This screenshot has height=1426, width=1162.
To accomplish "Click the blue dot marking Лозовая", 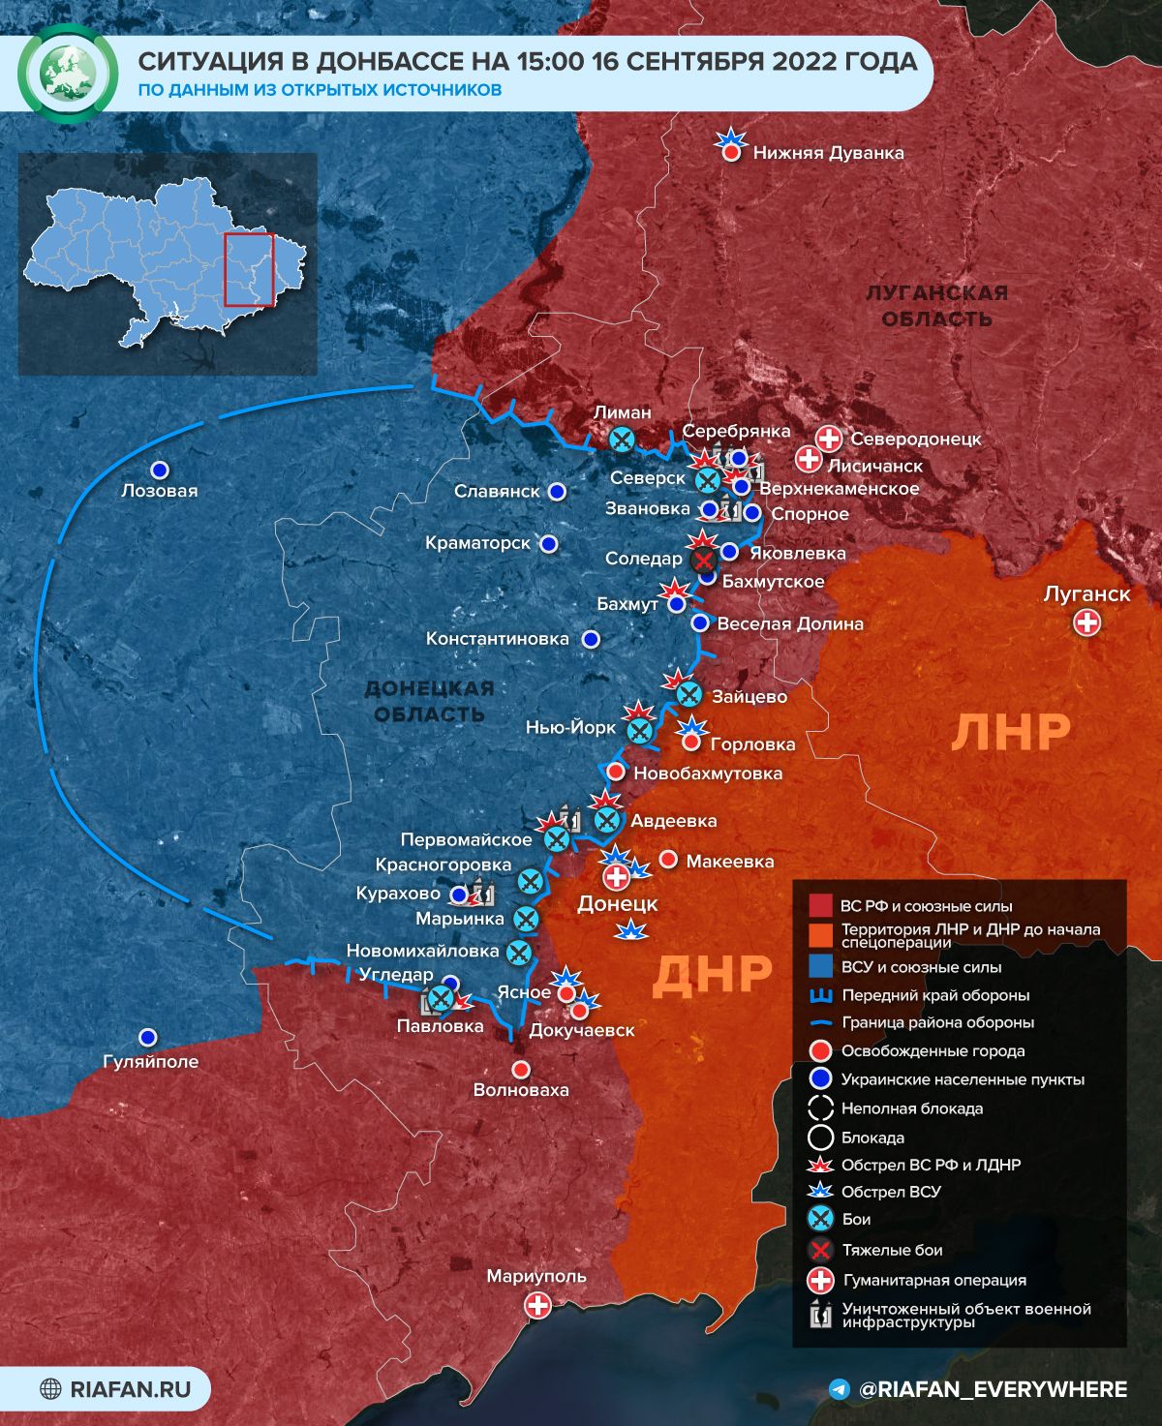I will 159,470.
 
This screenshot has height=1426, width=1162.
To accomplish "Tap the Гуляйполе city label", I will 150,1061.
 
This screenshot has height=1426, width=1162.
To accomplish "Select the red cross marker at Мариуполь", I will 537,1305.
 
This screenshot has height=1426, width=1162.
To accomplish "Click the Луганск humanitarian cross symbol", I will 1087,622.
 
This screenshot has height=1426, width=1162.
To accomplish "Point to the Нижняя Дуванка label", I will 828,153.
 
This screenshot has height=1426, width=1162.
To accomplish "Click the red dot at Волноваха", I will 521,1069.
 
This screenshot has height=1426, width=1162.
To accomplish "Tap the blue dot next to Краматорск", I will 549,544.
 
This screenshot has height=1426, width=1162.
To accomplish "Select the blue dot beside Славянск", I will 557,492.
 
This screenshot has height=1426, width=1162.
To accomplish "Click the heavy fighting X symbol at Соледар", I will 703,560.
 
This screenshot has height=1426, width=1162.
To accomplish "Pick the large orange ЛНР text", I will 1011,732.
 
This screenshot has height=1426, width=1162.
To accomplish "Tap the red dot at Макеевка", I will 668,860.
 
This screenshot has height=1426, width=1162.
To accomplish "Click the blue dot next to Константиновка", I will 590,639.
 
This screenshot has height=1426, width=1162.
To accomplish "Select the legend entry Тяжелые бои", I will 891,1250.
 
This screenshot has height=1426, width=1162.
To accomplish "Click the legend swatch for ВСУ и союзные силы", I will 820,966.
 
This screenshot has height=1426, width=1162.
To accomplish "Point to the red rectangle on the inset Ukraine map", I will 250,269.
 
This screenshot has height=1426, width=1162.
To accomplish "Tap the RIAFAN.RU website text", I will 130,1389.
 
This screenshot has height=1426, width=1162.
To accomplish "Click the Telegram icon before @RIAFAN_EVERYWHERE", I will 841,1389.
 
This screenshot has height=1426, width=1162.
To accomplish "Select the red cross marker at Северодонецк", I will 829,439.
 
